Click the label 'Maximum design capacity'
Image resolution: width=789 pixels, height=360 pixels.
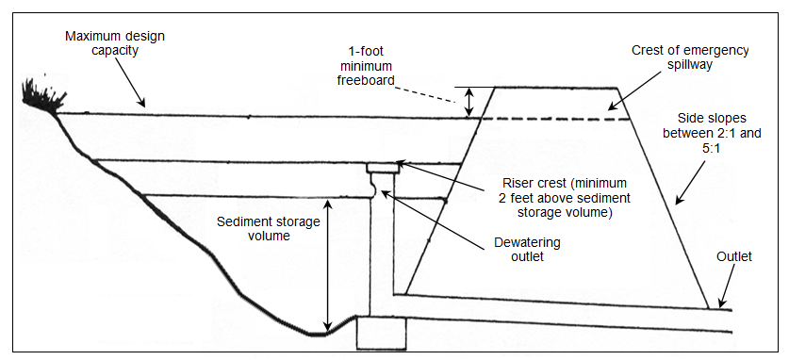(x=115, y=43)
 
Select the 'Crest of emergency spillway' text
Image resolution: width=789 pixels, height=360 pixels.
(x=690, y=57)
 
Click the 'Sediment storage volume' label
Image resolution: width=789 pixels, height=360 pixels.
(x=269, y=229)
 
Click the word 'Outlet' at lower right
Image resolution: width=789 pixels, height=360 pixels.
(x=734, y=256)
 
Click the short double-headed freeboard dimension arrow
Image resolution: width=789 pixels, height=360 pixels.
(x=469, y=102)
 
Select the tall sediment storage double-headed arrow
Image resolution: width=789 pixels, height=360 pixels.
(x=328, y=267)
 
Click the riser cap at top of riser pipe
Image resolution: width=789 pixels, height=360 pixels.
(x=383, y=168)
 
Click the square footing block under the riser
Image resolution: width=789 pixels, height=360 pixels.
(x=381, y=333)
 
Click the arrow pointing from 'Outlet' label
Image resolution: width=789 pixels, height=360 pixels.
(x=728, y=286)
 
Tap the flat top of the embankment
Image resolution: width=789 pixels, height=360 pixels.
(x=556, y=88)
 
